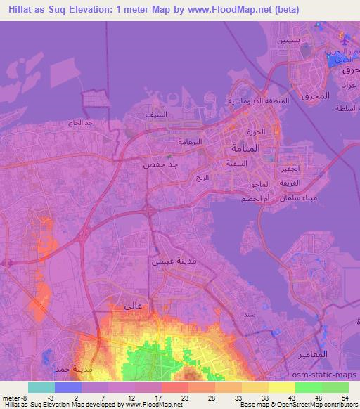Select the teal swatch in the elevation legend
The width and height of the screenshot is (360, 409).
[41, 387]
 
